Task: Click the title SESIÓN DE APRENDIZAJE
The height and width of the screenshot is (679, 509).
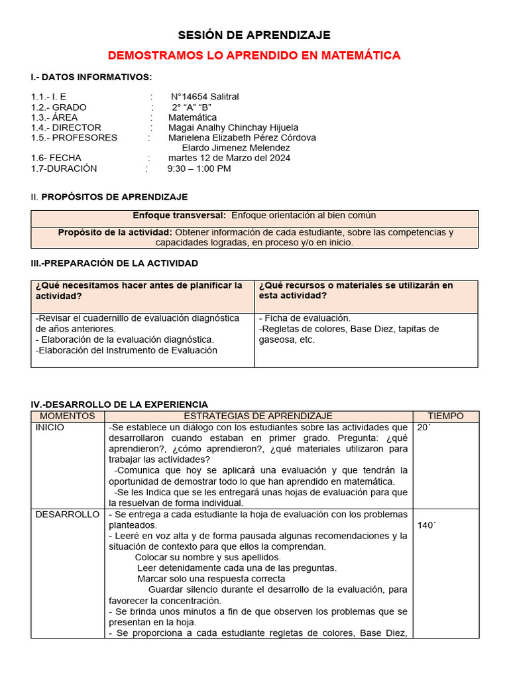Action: [x=254, y=35]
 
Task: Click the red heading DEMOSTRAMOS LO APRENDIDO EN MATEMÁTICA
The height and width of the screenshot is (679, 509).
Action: [x=254, y=56]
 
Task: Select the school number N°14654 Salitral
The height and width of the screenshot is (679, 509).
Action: [x=205, y=97]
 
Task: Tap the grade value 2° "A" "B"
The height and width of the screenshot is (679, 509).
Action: [x=196, y=107]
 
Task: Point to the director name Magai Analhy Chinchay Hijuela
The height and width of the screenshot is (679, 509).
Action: [x=233, y=127]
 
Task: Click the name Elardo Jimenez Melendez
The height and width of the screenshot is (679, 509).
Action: [x=236, y=148]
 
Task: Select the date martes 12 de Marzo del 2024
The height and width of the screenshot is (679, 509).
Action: [x=229, y=158]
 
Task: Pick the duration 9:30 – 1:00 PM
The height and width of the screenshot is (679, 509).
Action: [x=199, y=168]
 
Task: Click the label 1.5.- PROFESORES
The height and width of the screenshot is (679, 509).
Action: [x=74, y=138]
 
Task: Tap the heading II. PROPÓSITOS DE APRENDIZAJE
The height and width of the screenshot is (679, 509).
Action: [x=109, y=197]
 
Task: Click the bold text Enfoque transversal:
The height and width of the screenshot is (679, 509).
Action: [x=180, y=216]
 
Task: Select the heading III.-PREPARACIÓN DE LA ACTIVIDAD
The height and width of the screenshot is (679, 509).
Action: [x=115, y=263]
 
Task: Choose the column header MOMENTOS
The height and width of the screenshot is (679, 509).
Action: [x=68, y=416]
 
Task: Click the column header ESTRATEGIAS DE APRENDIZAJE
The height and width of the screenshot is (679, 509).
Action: [x=259, y=416]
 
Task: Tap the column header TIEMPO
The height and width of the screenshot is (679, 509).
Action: [x=445, y=416]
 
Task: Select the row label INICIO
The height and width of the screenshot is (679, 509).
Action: [x=50, y=428]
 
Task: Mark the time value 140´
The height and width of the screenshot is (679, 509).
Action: [x=427, y=525]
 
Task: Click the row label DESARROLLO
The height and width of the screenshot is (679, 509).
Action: [x=68, y=515]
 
